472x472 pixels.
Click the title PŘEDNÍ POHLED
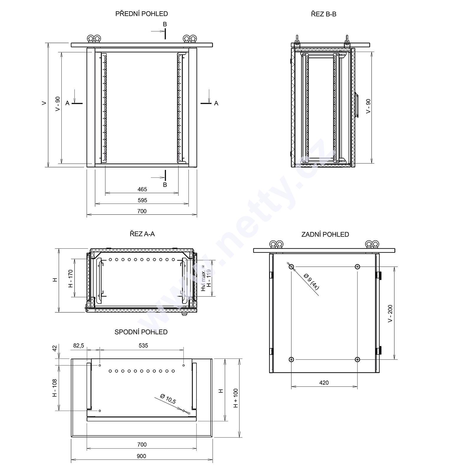[142, 14]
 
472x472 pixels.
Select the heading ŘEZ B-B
[324, 14]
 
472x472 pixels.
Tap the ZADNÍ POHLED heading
[325, 235]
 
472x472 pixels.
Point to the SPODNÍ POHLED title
[141, 332]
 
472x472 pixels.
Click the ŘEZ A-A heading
[142, 234]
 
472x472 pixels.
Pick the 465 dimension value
[142, 189]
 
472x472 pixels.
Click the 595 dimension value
[142, 200]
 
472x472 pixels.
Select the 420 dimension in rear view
[324, 383]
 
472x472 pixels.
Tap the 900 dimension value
[142, 456]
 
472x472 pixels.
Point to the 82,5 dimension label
[78, 345]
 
